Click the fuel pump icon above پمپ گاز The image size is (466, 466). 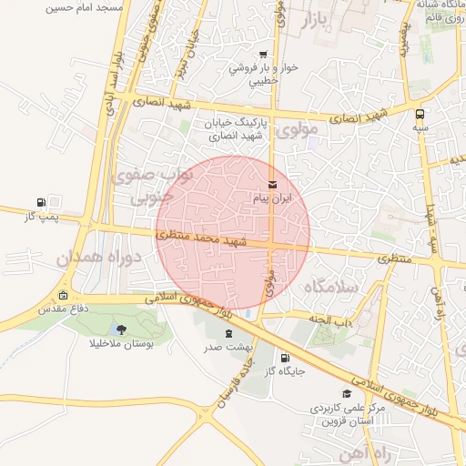point(41,202)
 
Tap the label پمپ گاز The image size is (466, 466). point(41,217)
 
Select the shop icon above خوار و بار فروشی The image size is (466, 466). point(264,54)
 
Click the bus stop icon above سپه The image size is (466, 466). point(420,115)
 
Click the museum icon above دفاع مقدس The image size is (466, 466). point(63,295)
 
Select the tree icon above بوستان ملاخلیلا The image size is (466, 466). point(122,329)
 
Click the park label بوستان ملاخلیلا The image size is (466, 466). point(122,343)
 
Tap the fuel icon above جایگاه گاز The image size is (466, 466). point(286,358)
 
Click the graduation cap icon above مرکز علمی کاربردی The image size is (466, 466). point(347,393)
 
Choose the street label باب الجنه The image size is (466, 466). point(331,319)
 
